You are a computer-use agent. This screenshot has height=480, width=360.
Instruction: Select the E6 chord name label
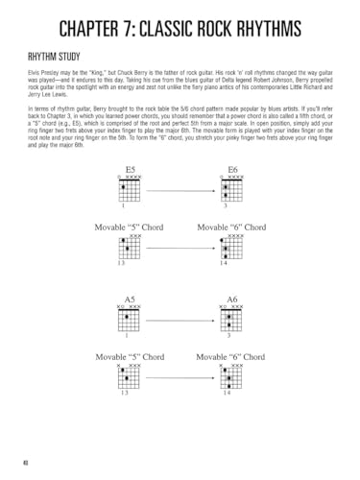234,169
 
